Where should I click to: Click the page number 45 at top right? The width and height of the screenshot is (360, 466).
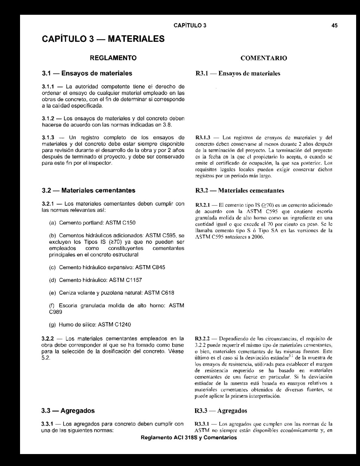[334, 26]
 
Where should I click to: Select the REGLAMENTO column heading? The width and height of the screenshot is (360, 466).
[112, 57]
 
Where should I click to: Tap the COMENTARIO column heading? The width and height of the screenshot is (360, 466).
[264, 58]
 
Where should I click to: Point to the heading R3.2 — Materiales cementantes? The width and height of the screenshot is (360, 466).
[240, 191]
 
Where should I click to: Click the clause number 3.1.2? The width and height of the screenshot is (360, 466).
[47, 118]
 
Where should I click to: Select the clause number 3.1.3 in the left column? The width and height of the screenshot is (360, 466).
[47, 137]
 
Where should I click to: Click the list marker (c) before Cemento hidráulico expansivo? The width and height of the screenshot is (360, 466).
[52, 267]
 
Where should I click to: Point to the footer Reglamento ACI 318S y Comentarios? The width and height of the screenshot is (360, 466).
[188, 438]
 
